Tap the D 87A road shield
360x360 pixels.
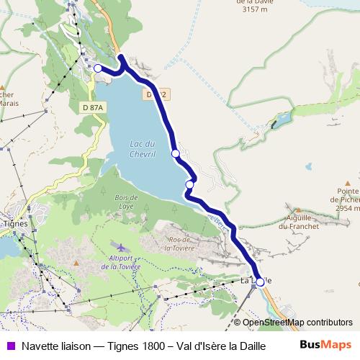pos(93,107)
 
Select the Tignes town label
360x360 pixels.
pos(15,223)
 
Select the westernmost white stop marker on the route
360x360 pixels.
pos(98,68)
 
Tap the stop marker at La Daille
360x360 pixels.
pos(260,282)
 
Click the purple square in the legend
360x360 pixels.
pos(10,346)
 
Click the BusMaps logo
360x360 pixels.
pos(326,345)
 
